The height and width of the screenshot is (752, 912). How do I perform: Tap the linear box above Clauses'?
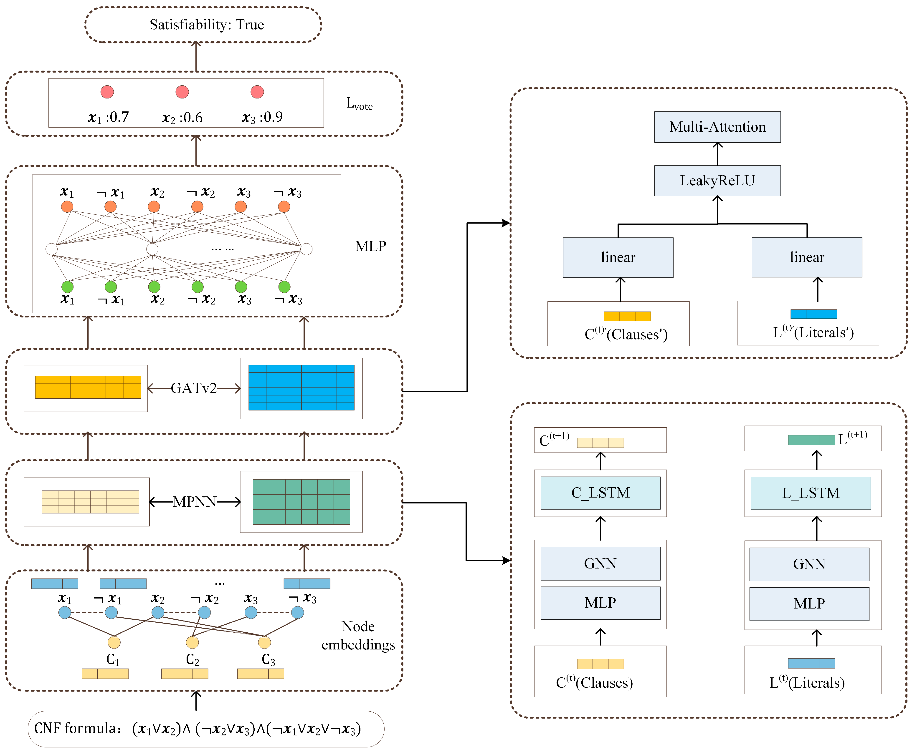tap(618, 257)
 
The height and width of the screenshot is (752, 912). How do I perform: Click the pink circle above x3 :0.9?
tap(257, 92)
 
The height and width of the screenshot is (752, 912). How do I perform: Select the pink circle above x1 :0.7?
tap(107, 92)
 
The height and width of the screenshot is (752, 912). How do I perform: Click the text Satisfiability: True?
tap(207, 25)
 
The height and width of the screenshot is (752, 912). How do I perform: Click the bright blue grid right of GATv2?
tap(301, 388)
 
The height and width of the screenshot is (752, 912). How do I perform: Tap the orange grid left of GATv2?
tap(88, 387)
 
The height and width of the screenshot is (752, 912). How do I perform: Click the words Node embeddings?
tap(358, 636)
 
